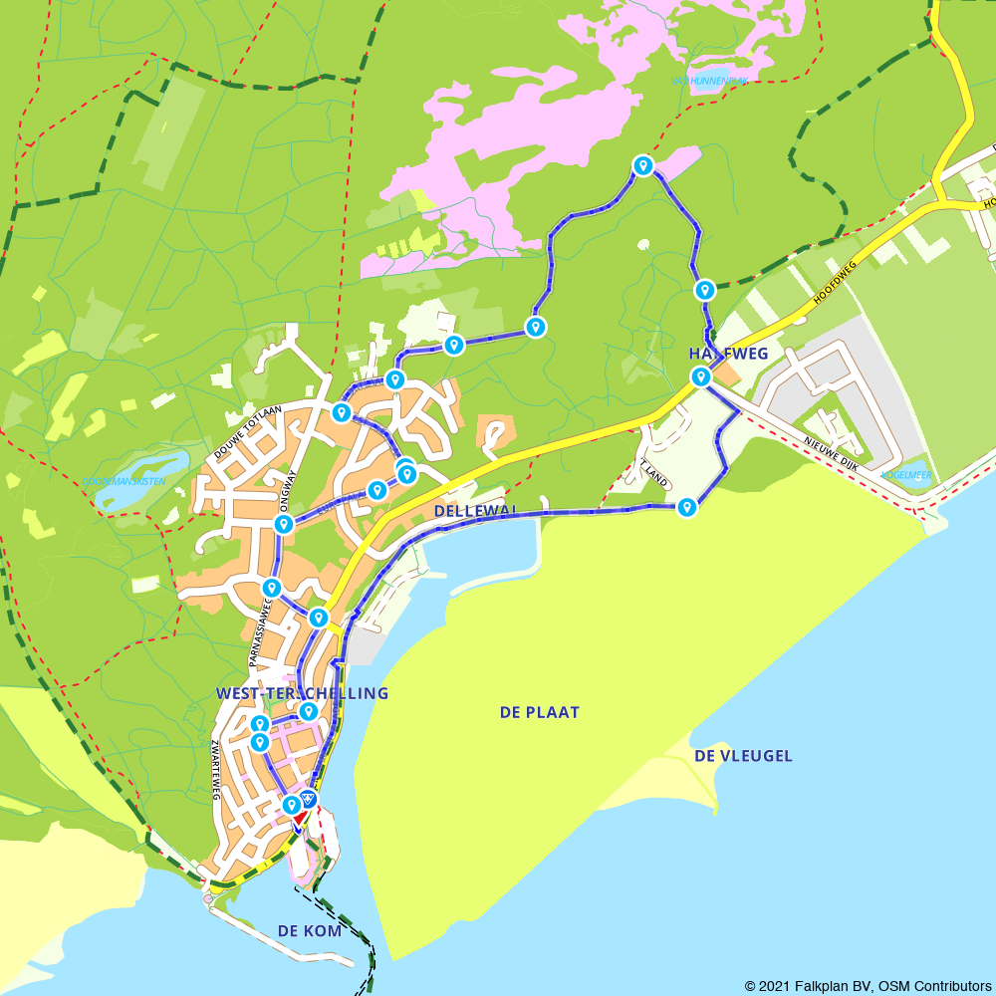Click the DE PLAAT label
click(539, 712)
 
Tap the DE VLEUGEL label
click(743, 756)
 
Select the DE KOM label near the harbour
click(309, 931)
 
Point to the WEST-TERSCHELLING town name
click(302, 693)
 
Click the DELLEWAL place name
click(476, 510)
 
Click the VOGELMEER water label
click(906, 475)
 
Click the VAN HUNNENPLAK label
click(710, 81)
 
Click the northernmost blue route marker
click(643, 165)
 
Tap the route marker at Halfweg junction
click(701, 376)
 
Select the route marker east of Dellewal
click(686, 508)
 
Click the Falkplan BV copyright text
click(868, 986)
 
